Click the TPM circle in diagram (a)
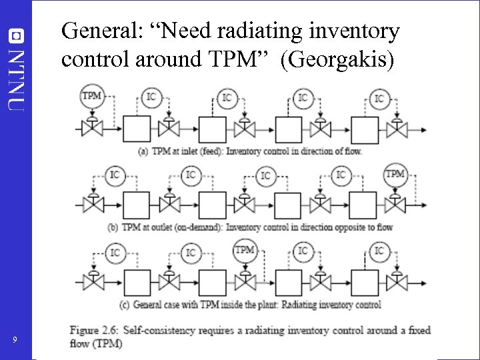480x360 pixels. click(x=91, y=96)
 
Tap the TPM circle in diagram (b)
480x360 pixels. click(x=395, y=175)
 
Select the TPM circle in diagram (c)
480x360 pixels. click(x=245, y=251)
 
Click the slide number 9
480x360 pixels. click(x=15, y=341)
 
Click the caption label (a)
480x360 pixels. click(x=143, y=151)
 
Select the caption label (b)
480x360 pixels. click(x=113, y=227)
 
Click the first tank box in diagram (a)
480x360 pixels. click(x=136, y=127)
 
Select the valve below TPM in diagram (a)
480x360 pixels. click(x=91, y=125)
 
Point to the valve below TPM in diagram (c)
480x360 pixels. click(x=245, y=280)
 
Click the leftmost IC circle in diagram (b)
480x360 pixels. click(x=114, y=175)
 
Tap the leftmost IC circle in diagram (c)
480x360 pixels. click(x=114, y=252)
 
